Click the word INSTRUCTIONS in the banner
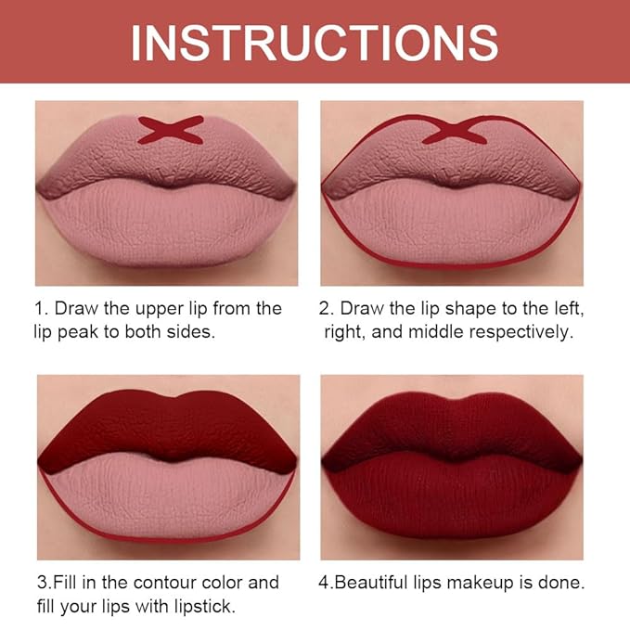[x=315, y=43]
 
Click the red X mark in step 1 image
[x=171, y=130]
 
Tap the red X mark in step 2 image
[x=455, y=130]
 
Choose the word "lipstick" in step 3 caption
[x=204, y=607]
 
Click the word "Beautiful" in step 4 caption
[x=370, y=583]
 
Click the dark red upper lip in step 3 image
[x=169, y=426]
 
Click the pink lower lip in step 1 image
[x=167, y=223]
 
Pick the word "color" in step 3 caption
[x=222, y=583]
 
